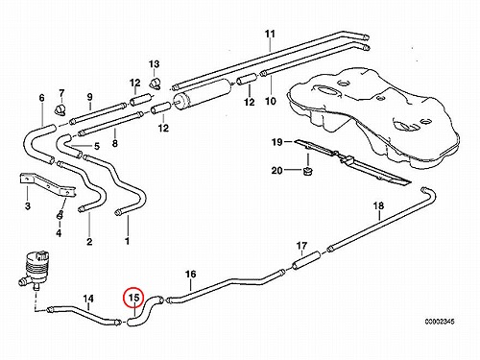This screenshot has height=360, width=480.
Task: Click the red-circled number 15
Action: [133, 298]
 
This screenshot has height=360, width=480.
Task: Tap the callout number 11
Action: [270, 34]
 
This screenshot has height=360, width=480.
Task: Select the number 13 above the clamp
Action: [154, 64]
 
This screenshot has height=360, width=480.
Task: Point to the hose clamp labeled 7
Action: [60, 109]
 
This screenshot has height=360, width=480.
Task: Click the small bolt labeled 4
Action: [60, 214]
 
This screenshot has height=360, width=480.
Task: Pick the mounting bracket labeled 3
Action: [48, 185]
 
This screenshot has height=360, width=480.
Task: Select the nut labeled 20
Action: [307, 171]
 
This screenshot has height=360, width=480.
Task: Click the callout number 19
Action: [277, 142]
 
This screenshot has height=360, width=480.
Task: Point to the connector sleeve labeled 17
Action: [306, 260]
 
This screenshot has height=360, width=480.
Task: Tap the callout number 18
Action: [378, 205]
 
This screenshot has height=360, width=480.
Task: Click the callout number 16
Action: [190, 274]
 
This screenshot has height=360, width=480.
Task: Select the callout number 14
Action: [88, 299]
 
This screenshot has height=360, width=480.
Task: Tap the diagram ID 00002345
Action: [440, 322]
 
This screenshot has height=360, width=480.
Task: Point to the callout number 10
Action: [271, 101]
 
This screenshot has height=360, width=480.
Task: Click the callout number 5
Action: [97, 146]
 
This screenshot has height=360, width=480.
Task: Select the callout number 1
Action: [127, 241]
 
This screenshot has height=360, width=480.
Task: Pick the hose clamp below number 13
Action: [156, 83]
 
